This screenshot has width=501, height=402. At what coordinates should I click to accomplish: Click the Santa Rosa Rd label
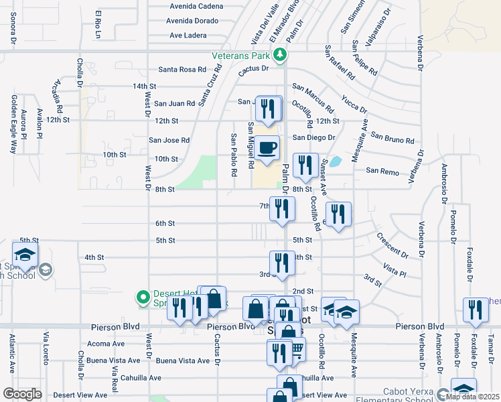[x=182, y=70]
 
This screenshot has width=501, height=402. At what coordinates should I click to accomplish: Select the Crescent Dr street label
[x=392, y=245]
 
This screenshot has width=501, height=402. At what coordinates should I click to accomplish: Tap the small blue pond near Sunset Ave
[x=334, y=161]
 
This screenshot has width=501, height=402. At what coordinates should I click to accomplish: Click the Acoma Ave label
[x=106, y=343]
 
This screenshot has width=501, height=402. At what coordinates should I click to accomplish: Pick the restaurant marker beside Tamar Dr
[x=476, y=310]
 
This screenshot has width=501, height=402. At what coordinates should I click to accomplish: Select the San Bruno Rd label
[x=392, y=141]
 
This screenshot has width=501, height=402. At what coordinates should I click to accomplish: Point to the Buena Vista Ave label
[x=183, y=360]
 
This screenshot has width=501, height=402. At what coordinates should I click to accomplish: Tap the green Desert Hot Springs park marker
[x=142, y=296]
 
